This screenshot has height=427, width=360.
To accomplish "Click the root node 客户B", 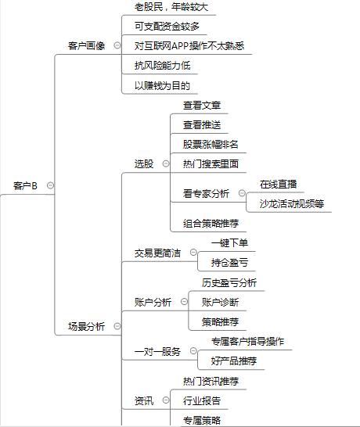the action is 25,185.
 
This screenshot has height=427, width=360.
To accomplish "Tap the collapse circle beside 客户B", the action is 50,185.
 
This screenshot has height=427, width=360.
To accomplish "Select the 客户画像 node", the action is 86,45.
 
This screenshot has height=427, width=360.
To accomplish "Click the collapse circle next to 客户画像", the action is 117,45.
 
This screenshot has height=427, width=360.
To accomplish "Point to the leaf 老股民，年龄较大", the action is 171,7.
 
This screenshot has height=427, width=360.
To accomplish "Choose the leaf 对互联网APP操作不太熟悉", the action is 189,45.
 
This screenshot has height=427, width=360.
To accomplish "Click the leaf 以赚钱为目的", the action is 162,85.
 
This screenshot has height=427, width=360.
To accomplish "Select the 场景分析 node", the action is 86,326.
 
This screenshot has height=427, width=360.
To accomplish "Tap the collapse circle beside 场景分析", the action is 117,325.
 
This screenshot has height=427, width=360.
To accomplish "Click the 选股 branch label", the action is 144,163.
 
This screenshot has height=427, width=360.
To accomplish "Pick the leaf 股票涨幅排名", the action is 211,144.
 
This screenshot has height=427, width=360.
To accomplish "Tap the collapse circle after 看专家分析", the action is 242,193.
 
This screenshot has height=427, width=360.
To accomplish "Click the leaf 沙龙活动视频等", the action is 292,203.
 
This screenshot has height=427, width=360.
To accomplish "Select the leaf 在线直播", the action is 278,185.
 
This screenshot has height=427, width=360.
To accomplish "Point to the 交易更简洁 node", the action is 157,253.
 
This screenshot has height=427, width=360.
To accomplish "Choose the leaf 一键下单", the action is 229,242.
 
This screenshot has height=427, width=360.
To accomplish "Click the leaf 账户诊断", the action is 220,302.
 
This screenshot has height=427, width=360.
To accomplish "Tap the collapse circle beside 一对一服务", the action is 193,350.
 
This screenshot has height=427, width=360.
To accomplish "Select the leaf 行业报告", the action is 202,400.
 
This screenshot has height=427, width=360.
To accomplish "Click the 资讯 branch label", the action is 144,400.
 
